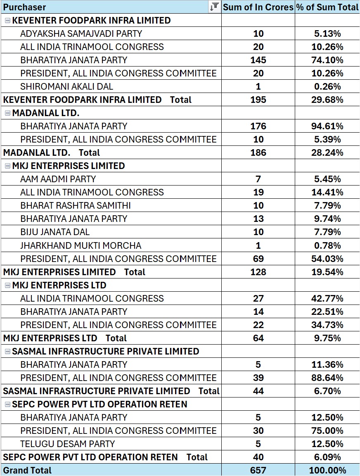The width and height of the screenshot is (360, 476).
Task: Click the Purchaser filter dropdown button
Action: (214, 7)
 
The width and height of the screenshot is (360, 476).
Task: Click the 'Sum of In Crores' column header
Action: (258, 7)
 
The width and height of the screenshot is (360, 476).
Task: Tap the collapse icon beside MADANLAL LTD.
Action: (7, 113)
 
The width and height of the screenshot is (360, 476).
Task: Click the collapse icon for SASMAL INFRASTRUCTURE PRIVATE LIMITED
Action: (7, 352)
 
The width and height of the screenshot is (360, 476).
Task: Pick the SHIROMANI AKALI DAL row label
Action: (66, 87)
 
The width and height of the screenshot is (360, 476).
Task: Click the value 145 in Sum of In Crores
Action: (258, 60)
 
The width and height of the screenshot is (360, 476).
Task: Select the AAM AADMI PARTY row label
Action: (58, 179)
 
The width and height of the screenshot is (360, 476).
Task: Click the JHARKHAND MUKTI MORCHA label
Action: (81, 246)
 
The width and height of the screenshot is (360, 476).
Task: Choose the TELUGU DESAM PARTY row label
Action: (68, 444)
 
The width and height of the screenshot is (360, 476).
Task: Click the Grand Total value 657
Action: (258, 470)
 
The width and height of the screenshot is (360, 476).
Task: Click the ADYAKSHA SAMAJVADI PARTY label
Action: (81, 34)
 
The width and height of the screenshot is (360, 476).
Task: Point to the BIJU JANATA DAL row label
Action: (55, 232)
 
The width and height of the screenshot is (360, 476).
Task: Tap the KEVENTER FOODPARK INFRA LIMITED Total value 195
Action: (258, 100)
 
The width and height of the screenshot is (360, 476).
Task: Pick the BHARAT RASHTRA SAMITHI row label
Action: (76, 206)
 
